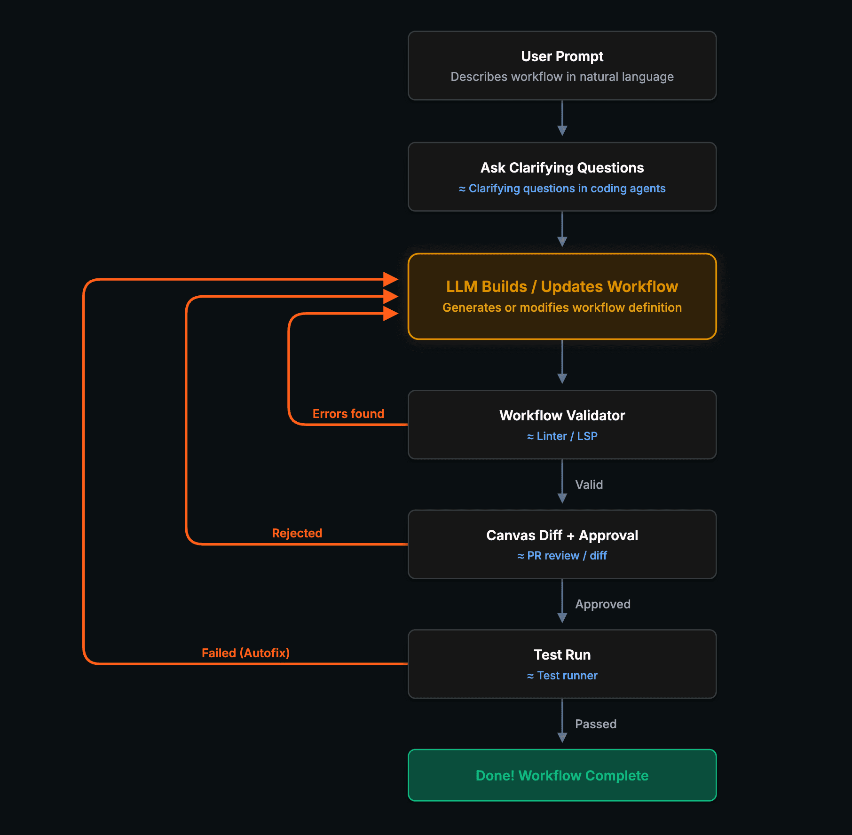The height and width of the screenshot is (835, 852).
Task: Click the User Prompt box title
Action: click(x=562, y=56)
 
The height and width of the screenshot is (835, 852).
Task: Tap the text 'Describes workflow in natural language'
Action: click(x=562, y=77)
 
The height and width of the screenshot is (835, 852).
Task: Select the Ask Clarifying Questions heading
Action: click(x=562, y=168)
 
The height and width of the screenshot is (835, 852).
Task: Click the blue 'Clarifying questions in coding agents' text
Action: click(x=567, y=189)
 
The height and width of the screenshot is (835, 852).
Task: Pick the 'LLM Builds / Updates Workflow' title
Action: click(x=562, y=286)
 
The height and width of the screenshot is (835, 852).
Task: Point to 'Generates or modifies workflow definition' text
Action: click(x=562, y=307)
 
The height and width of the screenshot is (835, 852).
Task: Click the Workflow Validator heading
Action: click(x=562, y=416)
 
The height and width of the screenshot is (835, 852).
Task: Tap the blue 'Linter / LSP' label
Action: click(x=567, y=436)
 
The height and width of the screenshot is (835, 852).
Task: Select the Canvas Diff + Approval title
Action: click(x=562, y=536)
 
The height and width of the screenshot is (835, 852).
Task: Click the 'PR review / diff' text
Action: click(x=567, y=556)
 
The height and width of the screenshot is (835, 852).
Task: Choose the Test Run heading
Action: click(x=562, y=655)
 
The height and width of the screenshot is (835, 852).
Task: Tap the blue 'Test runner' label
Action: click(x=567, y=676)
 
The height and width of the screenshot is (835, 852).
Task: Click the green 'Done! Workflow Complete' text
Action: click(x=562, y=775)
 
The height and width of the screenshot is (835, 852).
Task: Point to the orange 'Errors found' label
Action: click(x=348, y=414)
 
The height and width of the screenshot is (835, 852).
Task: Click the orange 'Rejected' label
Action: click(x=297, y=533)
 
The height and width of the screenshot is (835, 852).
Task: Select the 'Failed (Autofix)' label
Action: click(x=245, y=653)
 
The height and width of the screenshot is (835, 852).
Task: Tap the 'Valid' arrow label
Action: click(x=589, y=485)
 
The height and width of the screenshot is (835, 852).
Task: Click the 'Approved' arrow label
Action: click(x=602, y=604)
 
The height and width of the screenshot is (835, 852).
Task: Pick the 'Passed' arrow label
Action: click(x=595, y=724)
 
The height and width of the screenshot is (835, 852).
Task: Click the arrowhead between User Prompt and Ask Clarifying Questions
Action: click(x=562, y=131)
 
